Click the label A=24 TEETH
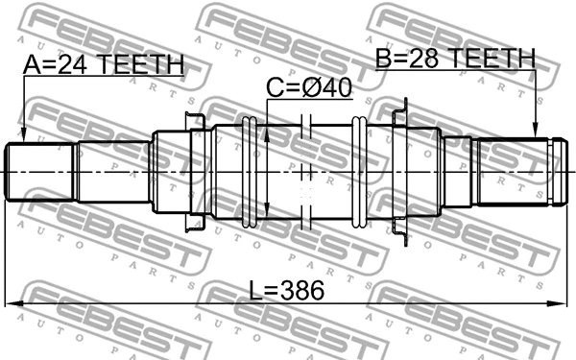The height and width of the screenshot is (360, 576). [x=103, y=64]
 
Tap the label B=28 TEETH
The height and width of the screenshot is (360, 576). [x=454, y=60]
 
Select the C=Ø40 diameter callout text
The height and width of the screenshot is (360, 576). [x=309, y=88]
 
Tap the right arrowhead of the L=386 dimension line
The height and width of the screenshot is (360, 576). [x=564, y=304]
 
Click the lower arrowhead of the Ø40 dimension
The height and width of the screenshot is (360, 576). [x=266, y=215]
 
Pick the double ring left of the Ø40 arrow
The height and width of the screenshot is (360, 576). [x=252, y=172]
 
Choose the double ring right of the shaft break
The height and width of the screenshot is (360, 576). [x=359, y=172]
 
